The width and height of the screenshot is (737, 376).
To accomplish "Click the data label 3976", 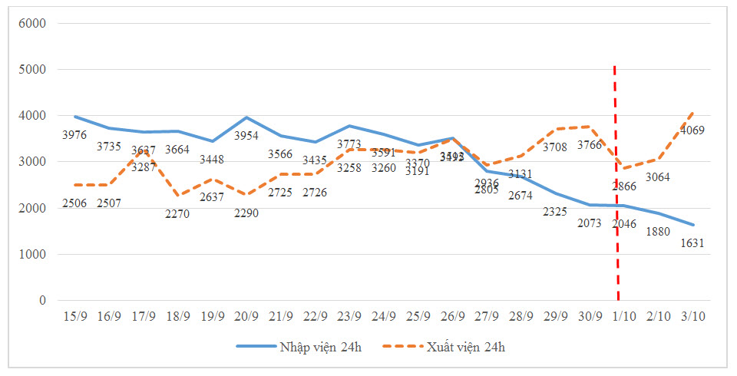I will [75, 136].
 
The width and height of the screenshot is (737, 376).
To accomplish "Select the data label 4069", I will [692, 130].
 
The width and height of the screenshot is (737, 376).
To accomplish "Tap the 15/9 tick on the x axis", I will [75, 315].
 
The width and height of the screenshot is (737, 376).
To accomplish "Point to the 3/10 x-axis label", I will [692, 315].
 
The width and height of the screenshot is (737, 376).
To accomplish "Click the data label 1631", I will [692, 243].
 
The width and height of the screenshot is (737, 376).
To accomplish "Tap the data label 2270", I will [178, 213].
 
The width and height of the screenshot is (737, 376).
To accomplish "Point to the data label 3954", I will [246, 135].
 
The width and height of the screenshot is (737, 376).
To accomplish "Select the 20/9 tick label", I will [246, 315].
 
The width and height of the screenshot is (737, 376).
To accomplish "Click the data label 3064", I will [658, 177].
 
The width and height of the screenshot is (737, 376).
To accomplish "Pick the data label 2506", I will [75, 203].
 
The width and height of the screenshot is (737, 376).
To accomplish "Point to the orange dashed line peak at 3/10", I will [692, 113].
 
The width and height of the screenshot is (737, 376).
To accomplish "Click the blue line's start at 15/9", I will [75, 117].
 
